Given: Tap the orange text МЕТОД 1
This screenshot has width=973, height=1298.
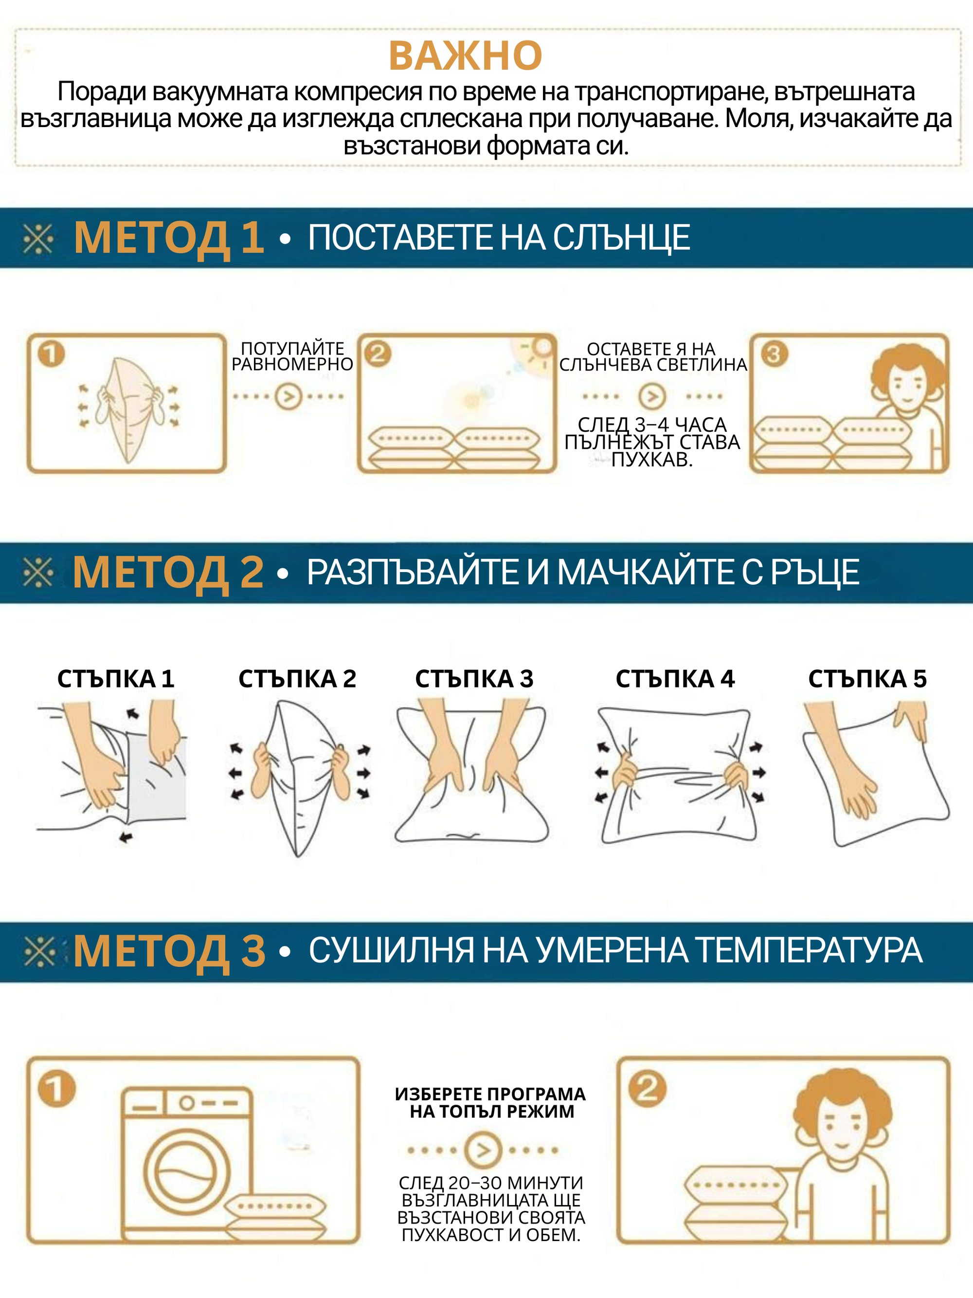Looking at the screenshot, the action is point(169,238).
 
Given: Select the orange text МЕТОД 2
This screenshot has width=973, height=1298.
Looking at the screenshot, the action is point(168,572).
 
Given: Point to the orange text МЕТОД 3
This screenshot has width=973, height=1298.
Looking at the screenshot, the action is point(169,951).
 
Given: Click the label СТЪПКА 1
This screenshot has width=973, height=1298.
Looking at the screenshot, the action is point(115,679).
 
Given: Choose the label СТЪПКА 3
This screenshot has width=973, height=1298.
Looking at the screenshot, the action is point(474,679).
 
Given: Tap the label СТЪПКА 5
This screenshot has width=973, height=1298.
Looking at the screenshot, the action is point(867,679).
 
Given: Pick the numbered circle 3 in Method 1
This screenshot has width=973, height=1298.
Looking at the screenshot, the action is point(774,354).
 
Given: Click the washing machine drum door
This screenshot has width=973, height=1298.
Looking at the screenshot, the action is point(180,1173).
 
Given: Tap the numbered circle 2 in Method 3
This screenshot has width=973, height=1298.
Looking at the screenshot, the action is point(647,1089).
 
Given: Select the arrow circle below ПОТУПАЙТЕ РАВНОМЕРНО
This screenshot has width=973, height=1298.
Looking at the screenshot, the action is point(288,397).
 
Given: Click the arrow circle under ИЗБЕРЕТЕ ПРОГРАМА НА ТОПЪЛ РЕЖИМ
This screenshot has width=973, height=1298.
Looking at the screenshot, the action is point(483,1150).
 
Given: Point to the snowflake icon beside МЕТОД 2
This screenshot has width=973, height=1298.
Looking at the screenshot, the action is point(38,572).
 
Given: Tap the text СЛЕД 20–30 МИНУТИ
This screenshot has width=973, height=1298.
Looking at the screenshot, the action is point(491,1183).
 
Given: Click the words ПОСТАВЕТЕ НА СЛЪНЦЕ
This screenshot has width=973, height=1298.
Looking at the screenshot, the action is point(499,238).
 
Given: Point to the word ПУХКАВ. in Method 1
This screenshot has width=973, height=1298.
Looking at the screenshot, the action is point(651,460).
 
